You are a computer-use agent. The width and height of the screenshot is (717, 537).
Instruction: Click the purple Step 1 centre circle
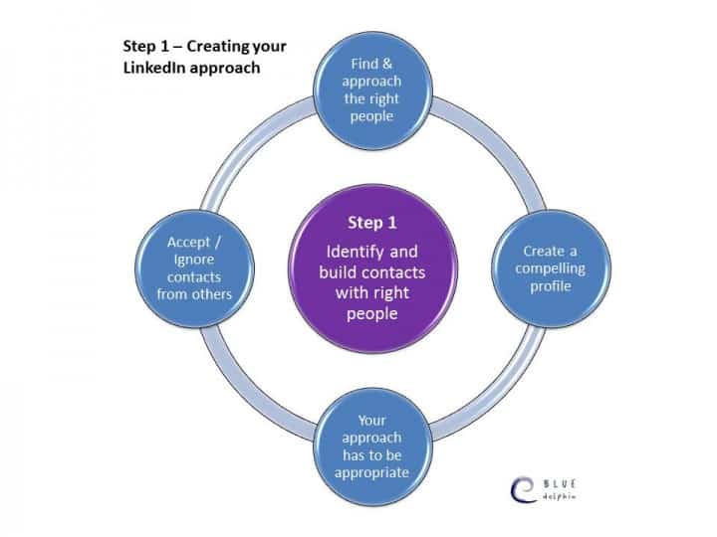tap(372, 268)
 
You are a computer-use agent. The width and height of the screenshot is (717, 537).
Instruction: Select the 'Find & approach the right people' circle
tap(372, 90)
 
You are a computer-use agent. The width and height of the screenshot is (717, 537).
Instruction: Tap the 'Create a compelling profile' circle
tap(551, 268)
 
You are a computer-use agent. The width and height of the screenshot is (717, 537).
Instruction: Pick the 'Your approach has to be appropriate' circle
tap(372, 447)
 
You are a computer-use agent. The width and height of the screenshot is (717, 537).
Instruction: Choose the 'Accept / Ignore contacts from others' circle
tap(194, 268)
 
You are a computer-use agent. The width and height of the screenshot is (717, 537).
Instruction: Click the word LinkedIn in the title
tap(154, 68)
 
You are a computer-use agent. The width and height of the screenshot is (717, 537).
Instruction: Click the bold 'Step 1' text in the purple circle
tap(372, 223)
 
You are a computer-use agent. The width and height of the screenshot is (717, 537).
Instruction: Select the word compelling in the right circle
tap(550, 268)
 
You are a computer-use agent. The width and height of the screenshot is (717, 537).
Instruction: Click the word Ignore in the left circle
tap(194, 260)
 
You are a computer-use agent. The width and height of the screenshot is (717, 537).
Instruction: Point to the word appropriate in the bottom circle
tap(371, 472)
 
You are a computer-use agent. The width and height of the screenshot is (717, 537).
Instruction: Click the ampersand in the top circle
tap(387, 64)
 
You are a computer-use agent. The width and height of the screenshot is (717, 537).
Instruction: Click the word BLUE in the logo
tap(560, 484)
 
